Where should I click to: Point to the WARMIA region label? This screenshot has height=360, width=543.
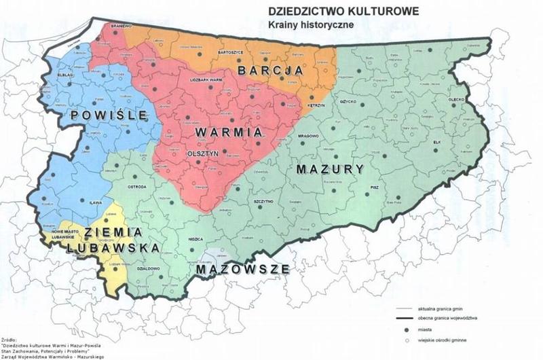(219, 128)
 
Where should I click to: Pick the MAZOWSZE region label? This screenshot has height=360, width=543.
(242, 270)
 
